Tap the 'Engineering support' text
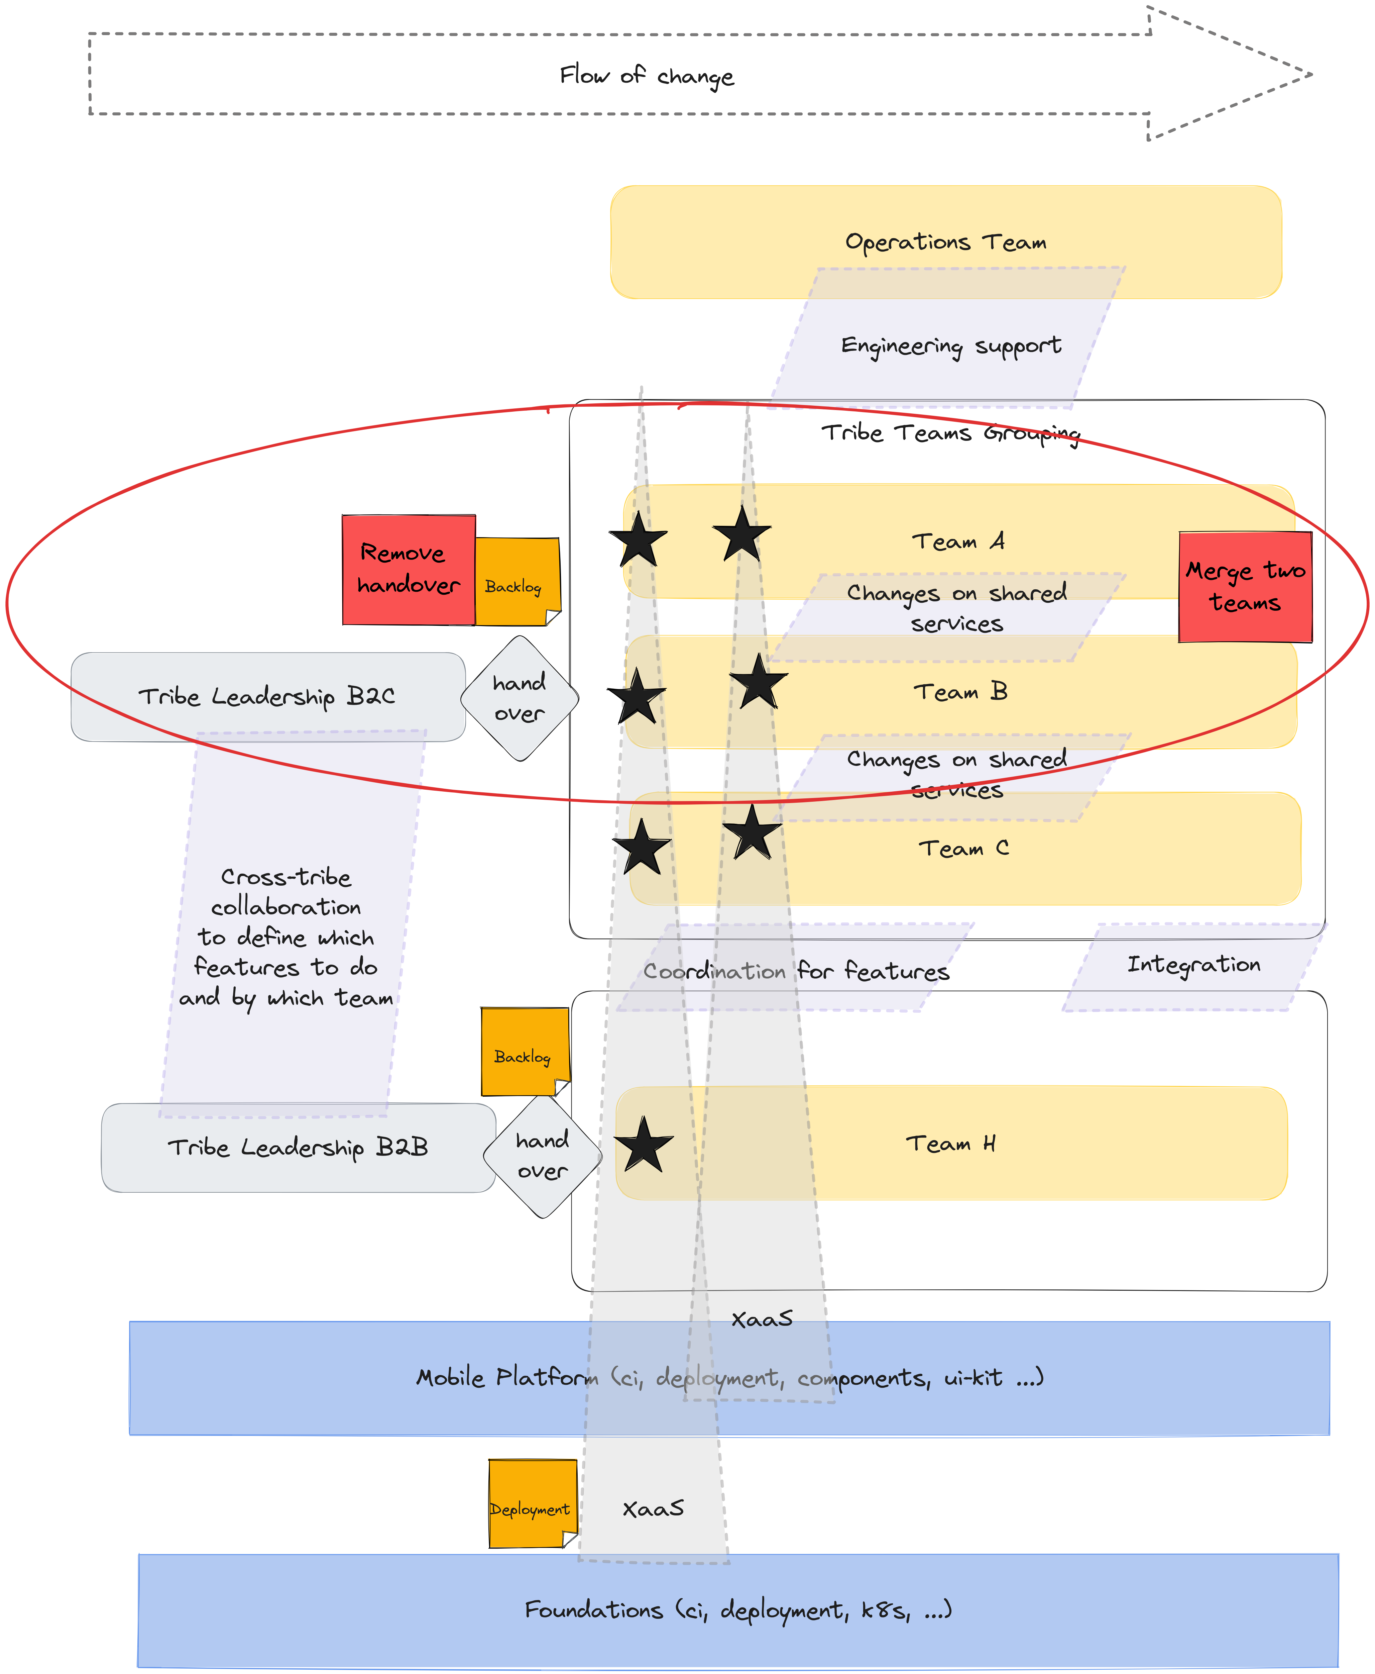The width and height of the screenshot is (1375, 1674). [950, 346]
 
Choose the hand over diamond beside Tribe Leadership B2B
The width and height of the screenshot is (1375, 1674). [543, 1155]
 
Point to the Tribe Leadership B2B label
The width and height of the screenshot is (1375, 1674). [298, 1147]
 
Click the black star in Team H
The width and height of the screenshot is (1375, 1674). [644, 1145]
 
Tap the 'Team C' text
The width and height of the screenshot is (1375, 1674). [963, 849]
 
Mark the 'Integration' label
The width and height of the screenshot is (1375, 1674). [1193, 965]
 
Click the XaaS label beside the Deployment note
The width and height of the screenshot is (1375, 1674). [653, 1508]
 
